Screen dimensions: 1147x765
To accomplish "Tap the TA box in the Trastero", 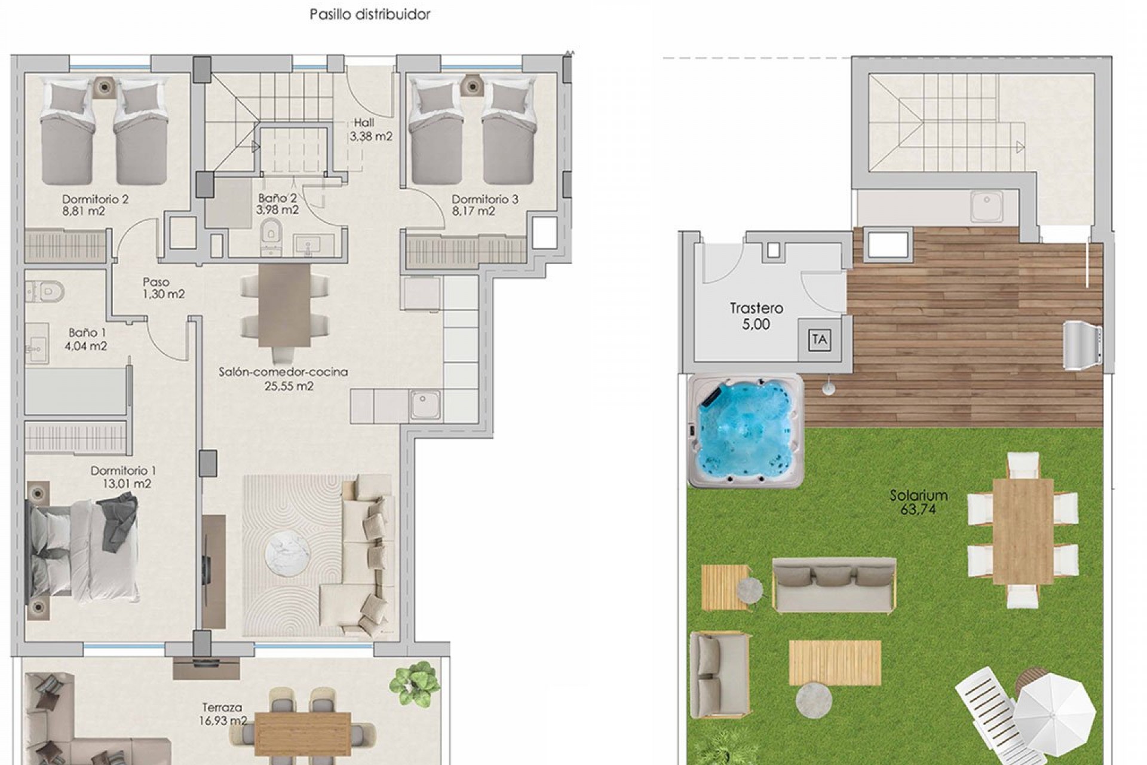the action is tap(820, 340).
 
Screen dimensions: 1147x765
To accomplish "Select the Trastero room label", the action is tap(756, 308).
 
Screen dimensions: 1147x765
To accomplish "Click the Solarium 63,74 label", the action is tap(919, 503).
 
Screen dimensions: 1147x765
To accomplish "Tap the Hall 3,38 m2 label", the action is tap(371, 129).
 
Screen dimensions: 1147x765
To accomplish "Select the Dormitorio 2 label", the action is tap(96, 199).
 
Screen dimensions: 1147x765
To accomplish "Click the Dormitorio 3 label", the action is tap(485, 199).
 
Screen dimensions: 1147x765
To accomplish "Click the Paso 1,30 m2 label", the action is tap(164, 288).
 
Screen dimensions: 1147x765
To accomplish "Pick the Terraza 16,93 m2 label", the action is tap(223, 715).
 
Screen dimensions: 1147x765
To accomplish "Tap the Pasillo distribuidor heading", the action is tap(370, 14).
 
